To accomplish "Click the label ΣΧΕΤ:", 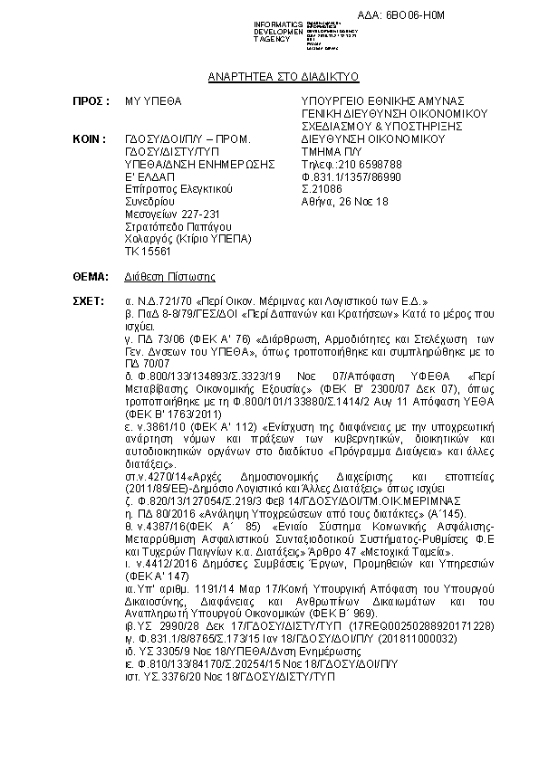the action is [91, 300].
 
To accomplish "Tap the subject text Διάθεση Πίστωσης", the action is [170, 275].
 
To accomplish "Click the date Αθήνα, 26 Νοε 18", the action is [345, 202].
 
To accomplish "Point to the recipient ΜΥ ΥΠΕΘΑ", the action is [153, 100].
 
